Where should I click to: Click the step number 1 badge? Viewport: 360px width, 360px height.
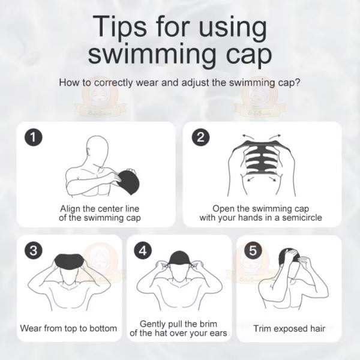tap(34, 137)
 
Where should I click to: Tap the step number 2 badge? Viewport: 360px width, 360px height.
tap(200, 137)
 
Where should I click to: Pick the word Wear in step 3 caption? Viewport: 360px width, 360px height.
tap(31, 328)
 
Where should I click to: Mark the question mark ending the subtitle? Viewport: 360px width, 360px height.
tap(298, 82)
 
